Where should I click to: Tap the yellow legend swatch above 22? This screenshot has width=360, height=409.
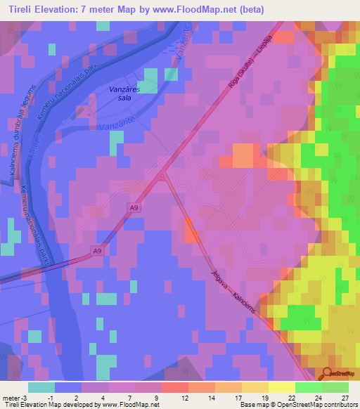[281, 387]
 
